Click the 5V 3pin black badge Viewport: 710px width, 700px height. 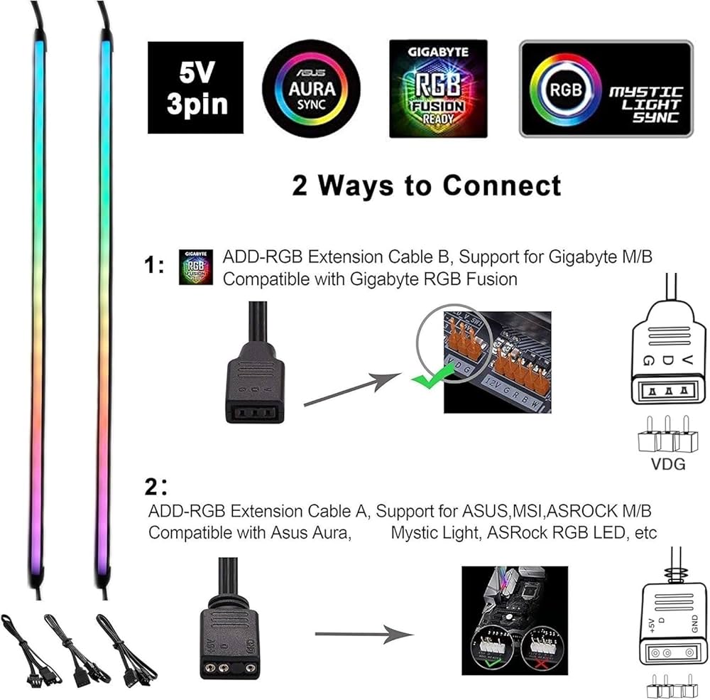click(197, 87)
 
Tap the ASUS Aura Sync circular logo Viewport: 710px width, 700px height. click(311, 88)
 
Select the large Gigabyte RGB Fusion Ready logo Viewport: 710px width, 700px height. click(438, 88)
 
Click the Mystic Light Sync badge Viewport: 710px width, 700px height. click(605, 89)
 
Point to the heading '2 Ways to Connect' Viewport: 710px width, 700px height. click(426, 185)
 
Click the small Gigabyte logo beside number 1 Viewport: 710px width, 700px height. click(197, 266)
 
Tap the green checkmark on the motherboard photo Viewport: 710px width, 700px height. click(427, 382)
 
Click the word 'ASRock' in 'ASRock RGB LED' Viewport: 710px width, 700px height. click(510, 532)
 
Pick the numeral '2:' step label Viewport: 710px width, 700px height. click(156, 489)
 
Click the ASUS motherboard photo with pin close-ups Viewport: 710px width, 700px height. click(514, 620)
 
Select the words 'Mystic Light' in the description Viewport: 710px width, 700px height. click(435, 532)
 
